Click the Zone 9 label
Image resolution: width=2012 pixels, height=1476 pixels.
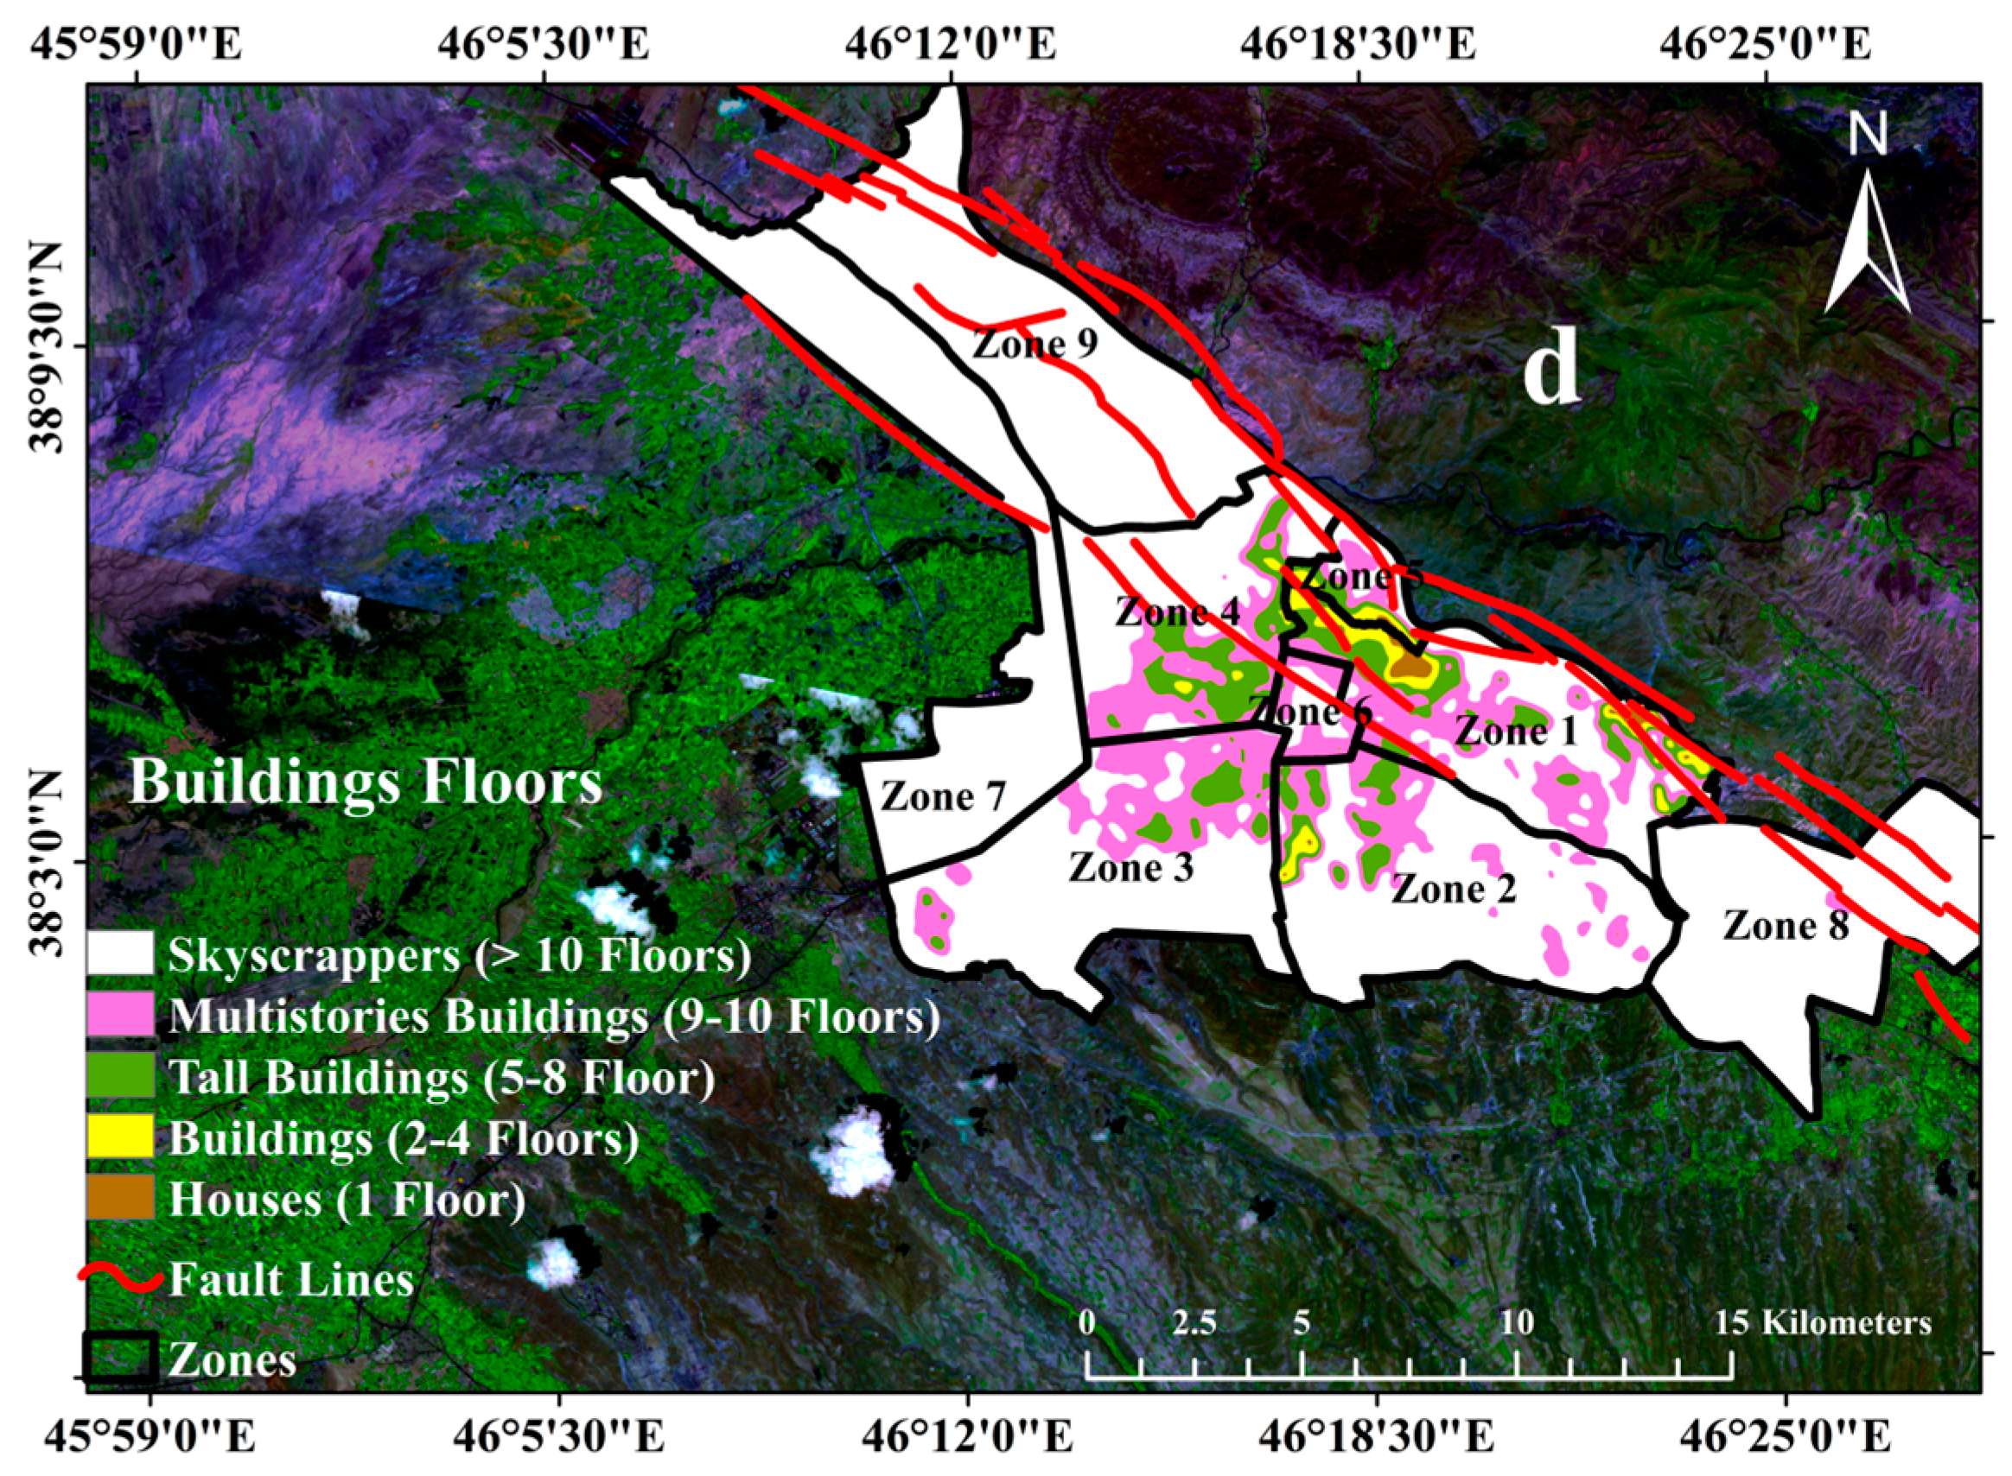click(1035, 342)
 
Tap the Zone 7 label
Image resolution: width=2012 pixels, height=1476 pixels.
click(943, 796)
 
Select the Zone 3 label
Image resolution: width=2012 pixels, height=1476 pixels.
click(1130, 866)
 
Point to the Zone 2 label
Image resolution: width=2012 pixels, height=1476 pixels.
click(1455, 888)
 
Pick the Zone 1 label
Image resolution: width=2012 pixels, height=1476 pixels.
click(1517, 732)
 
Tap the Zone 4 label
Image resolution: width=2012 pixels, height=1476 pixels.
click(1178, 613)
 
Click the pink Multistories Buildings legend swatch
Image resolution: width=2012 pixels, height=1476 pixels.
click(121, 1015)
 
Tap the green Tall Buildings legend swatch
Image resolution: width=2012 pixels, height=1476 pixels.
click(121, 1076)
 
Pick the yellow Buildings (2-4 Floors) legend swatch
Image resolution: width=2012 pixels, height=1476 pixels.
click(121, 1137)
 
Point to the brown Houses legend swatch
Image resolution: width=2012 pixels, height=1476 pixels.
click(121, 1197)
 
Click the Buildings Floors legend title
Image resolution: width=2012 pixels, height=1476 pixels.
click(366, 782)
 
